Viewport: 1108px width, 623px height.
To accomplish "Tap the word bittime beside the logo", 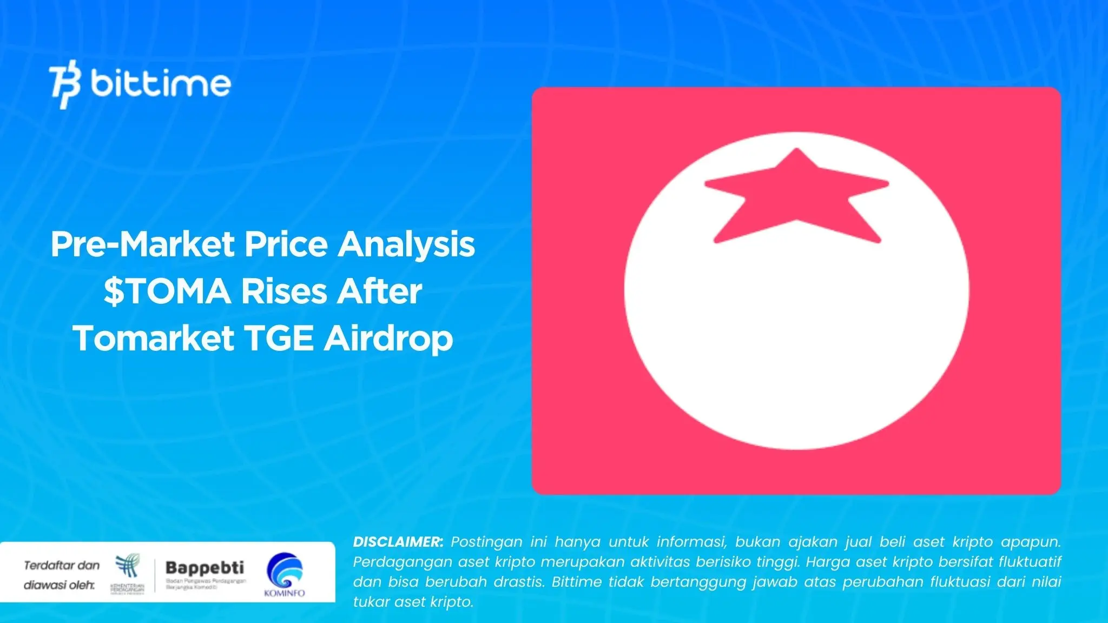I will click(161, 84).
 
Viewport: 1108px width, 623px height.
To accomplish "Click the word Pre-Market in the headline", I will click(143, 244).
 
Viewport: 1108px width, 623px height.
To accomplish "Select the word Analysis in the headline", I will click(406, 244).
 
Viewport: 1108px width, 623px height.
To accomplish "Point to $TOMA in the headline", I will click(167, 291).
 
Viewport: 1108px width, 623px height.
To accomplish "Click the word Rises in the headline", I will click(284, 291).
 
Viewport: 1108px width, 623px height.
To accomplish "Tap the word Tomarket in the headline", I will click(154, 339).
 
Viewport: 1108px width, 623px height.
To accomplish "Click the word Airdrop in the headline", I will click(388, 339).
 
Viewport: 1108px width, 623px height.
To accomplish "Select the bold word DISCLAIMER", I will click(398, 542).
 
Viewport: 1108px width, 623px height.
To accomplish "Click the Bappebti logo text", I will click(205, 568).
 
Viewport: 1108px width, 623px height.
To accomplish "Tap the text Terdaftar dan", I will click(62, 566).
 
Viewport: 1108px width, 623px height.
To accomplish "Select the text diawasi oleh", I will click(58, 585).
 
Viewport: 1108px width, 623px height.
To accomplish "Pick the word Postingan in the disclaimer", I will click(487, 542).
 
